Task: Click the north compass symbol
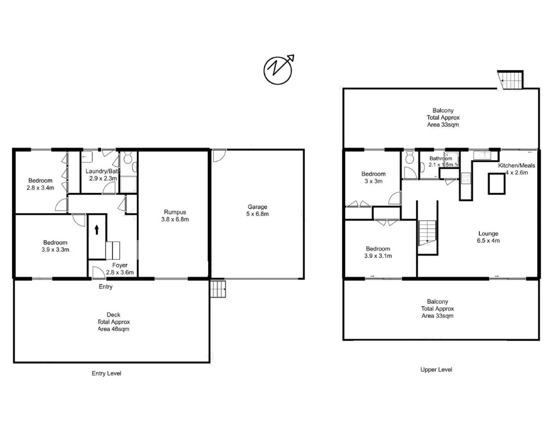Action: pos(278,70)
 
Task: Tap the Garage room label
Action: pos(257,210)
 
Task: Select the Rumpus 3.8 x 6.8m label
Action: pos(175,215)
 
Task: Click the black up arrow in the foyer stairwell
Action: pos(97,229)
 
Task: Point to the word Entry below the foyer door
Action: pos(106,287)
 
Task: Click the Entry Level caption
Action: pos(107,373)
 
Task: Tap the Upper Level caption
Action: pos(436,370)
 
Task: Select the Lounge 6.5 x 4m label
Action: pos(488,237)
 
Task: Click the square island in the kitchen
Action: pos(497,184)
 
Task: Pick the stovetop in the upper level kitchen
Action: pos(466,178)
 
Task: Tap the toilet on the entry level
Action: pos(128,159)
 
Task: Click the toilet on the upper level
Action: pos(410,158)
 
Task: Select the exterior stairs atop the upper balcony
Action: pos(511,80)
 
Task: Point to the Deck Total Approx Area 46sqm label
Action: pos(114,322)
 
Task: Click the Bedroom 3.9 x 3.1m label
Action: pos(378,252)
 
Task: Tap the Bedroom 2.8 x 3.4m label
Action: pos(40,184)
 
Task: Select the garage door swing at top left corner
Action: pos(219,155)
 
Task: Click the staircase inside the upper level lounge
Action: pos(427,235)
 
